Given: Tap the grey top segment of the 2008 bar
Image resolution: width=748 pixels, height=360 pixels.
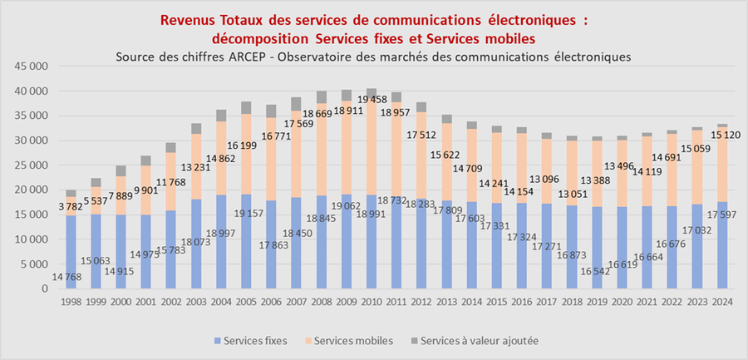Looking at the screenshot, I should (x=322, y=97).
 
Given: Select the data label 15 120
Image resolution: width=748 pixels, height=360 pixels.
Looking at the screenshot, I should (x=720, y=135).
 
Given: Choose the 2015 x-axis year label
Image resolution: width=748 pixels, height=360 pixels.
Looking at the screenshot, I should (x=497, y=301).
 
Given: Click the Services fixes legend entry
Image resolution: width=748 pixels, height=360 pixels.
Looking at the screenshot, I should (x=249, y=340).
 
